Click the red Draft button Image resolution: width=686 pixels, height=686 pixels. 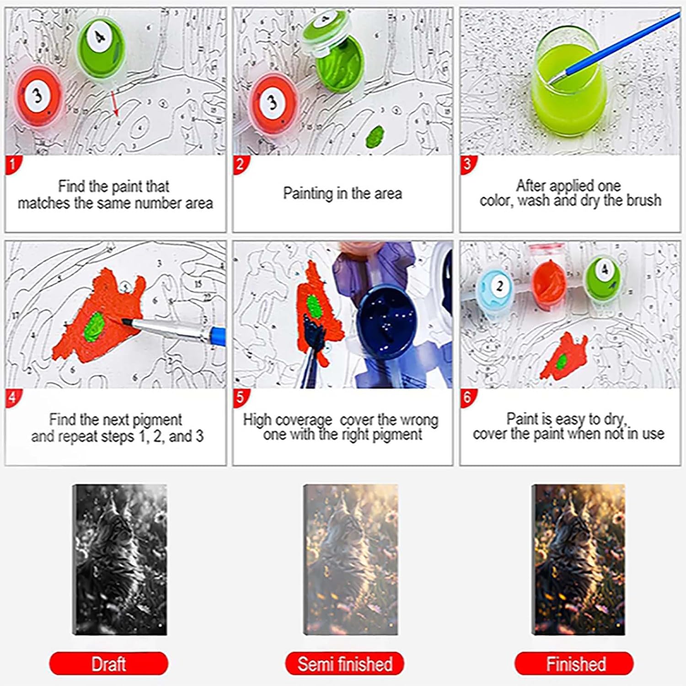108,664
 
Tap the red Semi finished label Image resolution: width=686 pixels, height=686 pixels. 345,664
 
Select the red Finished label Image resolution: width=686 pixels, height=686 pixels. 574,664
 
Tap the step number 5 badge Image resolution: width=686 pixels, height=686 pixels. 240,397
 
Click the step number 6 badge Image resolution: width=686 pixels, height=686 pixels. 467,397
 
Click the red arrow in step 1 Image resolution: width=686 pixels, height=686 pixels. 113,103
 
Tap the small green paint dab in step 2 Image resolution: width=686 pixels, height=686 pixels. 375,136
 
